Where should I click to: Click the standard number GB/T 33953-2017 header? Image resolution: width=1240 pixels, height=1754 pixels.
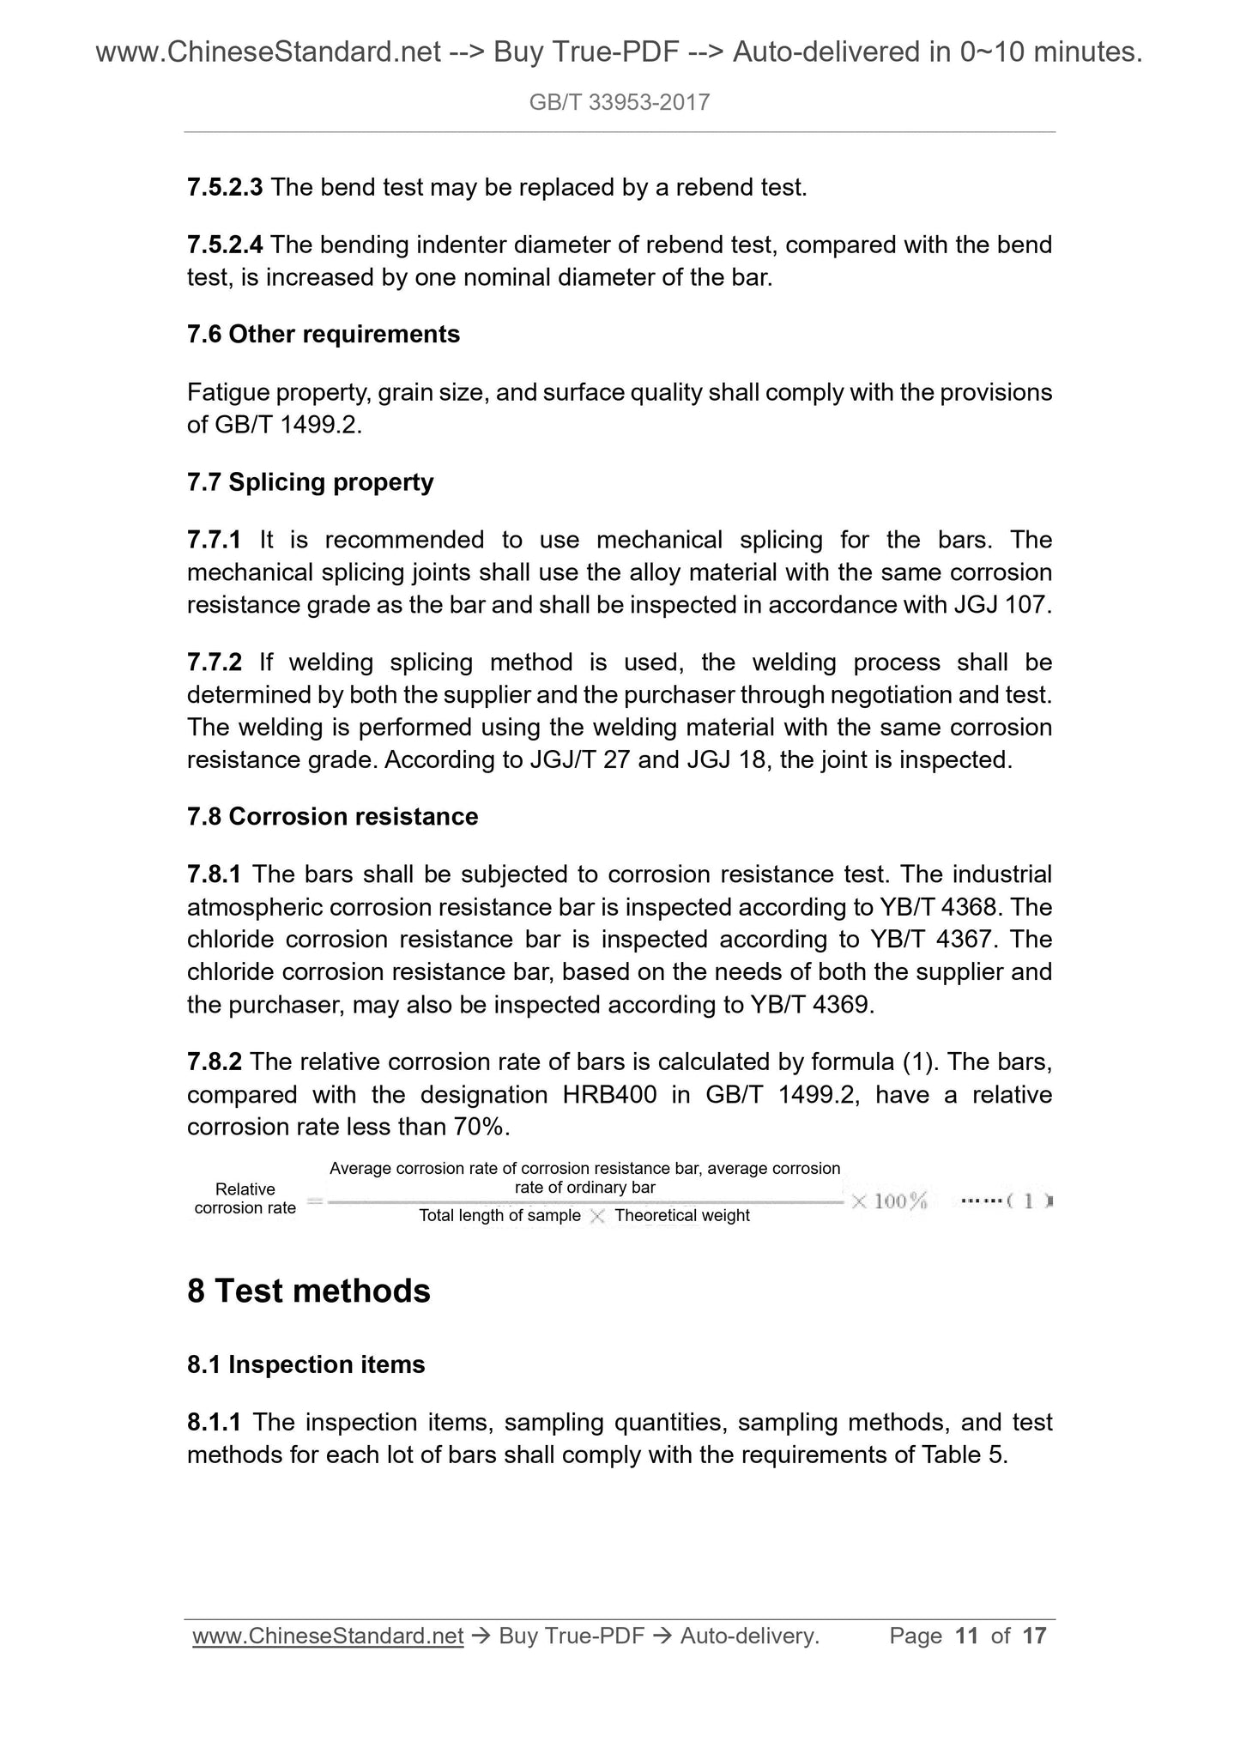click(x=619, y=103)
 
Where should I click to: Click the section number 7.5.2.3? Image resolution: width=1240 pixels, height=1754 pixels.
click(x=225, y=187)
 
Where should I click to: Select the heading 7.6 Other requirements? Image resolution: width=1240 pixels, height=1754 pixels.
click(x=323, y=334)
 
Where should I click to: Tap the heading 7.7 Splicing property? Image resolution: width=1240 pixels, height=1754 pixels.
click(x=310, y=482)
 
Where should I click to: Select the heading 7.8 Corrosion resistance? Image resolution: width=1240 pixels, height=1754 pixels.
click(x=332, y=816)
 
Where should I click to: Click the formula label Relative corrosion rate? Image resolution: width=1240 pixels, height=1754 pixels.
click(x=245, y=1199)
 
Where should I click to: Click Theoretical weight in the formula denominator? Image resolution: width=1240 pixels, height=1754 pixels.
click(x=681, y=1216)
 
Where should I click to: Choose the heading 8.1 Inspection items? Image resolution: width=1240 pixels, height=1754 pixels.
click(x=305, y=1365)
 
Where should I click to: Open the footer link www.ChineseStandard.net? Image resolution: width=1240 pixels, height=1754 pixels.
click(x=328, y=1636)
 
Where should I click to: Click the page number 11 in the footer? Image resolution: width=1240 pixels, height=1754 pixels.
click(x=966, y=1636)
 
